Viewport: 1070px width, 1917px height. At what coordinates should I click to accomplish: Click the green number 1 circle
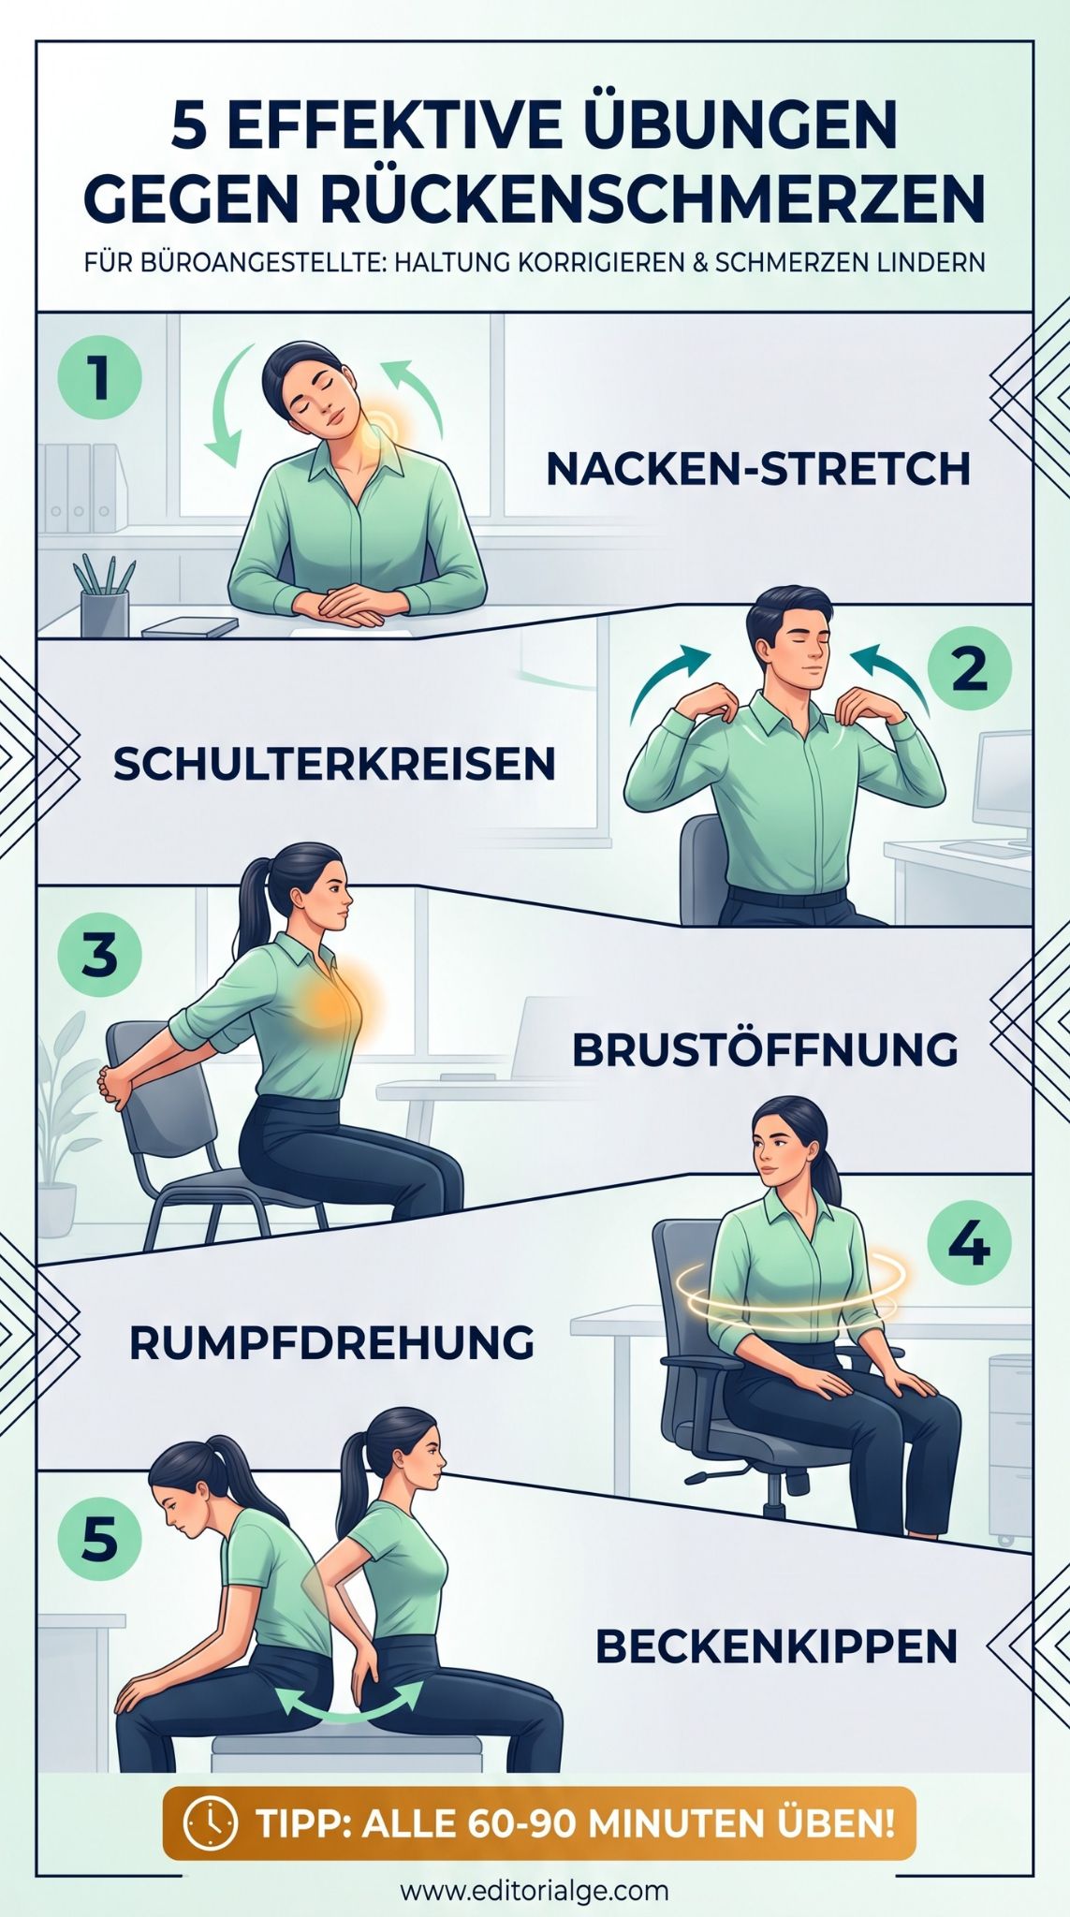coord(99,379)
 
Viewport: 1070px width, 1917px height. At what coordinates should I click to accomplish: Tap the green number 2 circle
coord(969,668)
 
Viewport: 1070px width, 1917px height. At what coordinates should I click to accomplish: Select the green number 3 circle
coord(99,956)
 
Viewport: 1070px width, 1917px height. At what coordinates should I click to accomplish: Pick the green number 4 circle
coord(969,1244)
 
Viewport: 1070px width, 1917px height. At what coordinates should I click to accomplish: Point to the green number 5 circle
coord(99,1539)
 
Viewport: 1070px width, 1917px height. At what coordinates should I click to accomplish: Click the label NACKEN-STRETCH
coord(758,469)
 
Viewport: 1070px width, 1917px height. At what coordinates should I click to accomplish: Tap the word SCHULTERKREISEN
coord(334,765)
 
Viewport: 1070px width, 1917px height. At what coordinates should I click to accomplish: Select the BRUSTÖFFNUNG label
coord(765,1049)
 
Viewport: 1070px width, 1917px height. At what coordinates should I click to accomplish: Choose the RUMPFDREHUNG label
coord(331,1343)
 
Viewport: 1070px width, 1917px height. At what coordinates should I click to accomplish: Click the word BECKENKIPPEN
coord(776,1646)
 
